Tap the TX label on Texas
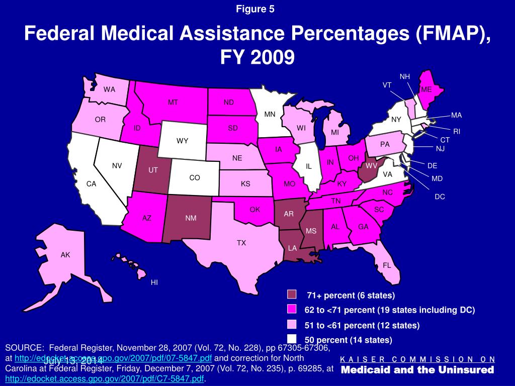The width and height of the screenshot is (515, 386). (241, 243)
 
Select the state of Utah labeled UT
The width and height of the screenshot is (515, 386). (153, 170)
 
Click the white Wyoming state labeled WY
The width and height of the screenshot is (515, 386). (182, 141)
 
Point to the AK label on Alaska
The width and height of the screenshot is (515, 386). (65, 255)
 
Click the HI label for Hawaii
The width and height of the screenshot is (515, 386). (154, 282)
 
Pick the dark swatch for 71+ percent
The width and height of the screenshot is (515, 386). (292, 295)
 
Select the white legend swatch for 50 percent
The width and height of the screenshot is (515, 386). (292, 339)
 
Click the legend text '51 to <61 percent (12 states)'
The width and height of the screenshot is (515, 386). (362, 325)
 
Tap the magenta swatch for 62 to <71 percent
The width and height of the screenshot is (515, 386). (292, 309)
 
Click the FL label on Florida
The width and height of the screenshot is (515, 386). (387, 265)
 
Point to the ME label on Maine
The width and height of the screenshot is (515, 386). (426, 89)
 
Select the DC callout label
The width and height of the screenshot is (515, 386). (440, 197)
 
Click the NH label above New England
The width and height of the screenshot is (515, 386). (405, 76)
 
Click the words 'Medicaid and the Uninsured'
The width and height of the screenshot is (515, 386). (417, 370)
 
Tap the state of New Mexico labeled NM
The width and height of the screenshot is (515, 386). (191, 218)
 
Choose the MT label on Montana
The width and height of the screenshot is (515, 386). (173, 103)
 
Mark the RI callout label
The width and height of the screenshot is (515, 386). (457, 131)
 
